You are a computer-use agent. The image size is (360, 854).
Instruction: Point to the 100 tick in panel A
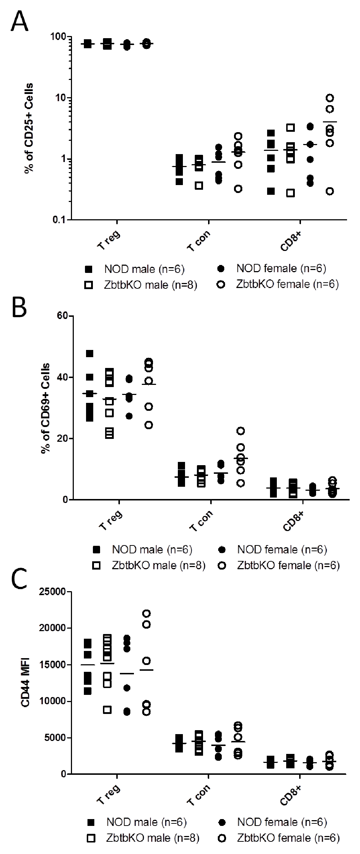59,37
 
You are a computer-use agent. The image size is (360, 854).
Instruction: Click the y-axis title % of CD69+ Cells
45,408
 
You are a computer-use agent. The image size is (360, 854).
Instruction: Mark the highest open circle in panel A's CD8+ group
329,98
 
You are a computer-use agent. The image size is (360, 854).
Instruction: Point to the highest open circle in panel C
147,613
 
